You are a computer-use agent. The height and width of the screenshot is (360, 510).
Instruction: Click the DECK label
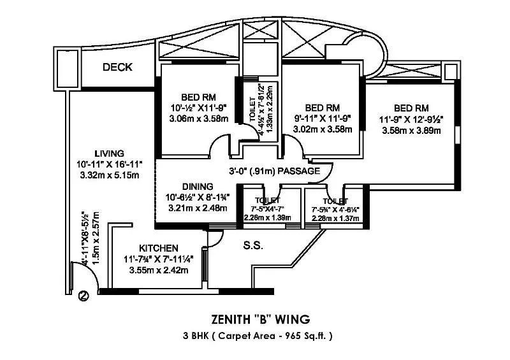click(117, 67)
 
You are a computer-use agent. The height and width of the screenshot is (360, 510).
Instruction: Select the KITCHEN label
click(158, 247)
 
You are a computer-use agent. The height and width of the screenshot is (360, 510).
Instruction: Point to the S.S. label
click(253, 245)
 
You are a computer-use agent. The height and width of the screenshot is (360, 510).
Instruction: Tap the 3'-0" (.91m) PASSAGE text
click(274, 171)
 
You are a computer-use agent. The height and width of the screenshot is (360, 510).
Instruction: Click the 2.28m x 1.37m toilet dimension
click(335, 218)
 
